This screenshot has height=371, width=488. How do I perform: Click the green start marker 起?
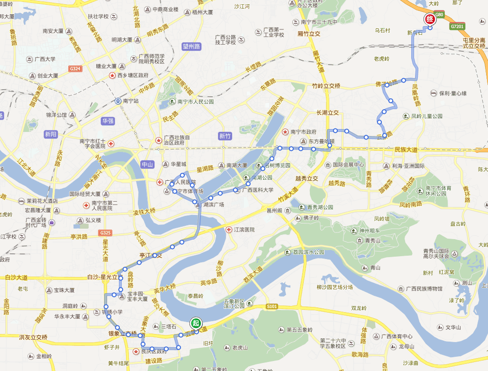[195, 323]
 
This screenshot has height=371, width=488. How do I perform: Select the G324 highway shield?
[75, 69]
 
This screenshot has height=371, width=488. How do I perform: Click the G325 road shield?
[105, 232]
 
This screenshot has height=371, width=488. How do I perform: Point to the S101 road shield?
[271, 306]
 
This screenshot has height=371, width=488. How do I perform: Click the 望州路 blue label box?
[191, 46]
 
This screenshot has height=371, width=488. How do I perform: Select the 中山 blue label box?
[148, 165]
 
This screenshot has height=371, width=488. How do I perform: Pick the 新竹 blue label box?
[226, 136]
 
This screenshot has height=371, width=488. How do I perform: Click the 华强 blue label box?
[108, 121]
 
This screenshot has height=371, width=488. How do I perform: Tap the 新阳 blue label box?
[51, 134]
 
